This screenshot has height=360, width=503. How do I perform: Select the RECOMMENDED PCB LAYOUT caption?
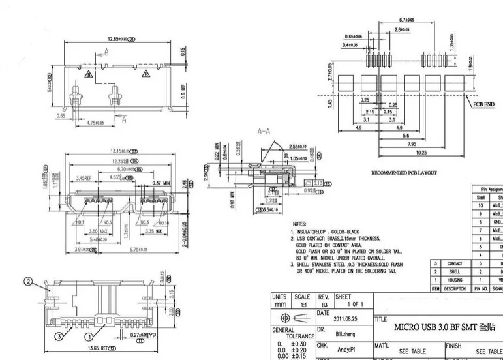403,173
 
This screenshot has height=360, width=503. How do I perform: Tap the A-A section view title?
264,131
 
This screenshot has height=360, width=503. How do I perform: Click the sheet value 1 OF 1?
356,304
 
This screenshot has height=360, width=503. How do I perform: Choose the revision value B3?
323,304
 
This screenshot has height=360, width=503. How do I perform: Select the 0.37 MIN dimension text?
160,183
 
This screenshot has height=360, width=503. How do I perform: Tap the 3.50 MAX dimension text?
98,232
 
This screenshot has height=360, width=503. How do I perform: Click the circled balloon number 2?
28,282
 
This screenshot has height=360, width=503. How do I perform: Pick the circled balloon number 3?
58,337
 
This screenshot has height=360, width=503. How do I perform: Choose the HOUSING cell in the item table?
454,280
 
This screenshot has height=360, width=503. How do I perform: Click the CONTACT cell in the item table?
454,263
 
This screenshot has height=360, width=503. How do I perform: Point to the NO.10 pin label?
164,223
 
